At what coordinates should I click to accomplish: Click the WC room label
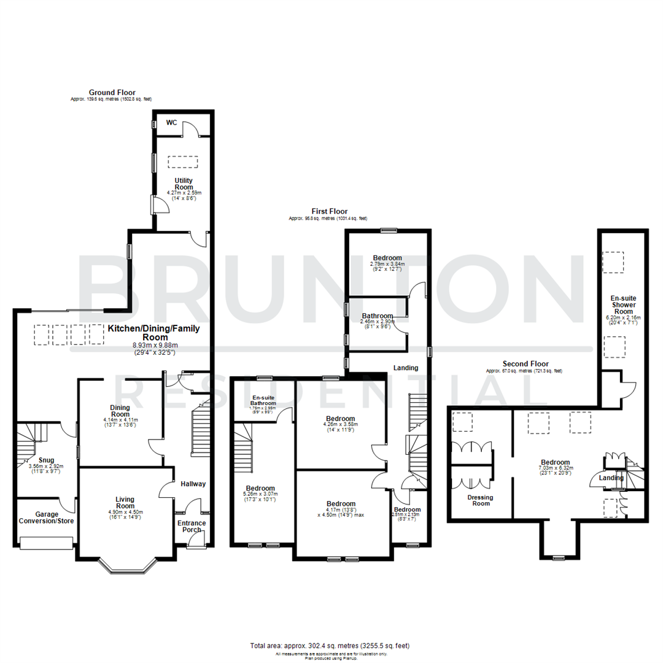pos(171,123)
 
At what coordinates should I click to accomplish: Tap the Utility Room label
pos(184,184)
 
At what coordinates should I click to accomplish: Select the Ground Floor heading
pos(112,93)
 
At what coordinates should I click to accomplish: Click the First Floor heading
pos(328,211)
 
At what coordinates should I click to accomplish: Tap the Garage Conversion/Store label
pos(45,518)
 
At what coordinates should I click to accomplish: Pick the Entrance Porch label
pos(192,527)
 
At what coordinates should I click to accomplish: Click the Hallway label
pos(193,484)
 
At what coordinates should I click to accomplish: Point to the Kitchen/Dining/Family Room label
pos(155,333)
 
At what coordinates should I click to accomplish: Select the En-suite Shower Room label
pos(623,304)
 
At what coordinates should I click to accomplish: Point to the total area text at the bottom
pos(330,645)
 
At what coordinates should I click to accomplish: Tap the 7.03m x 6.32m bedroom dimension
pos(555,469)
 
